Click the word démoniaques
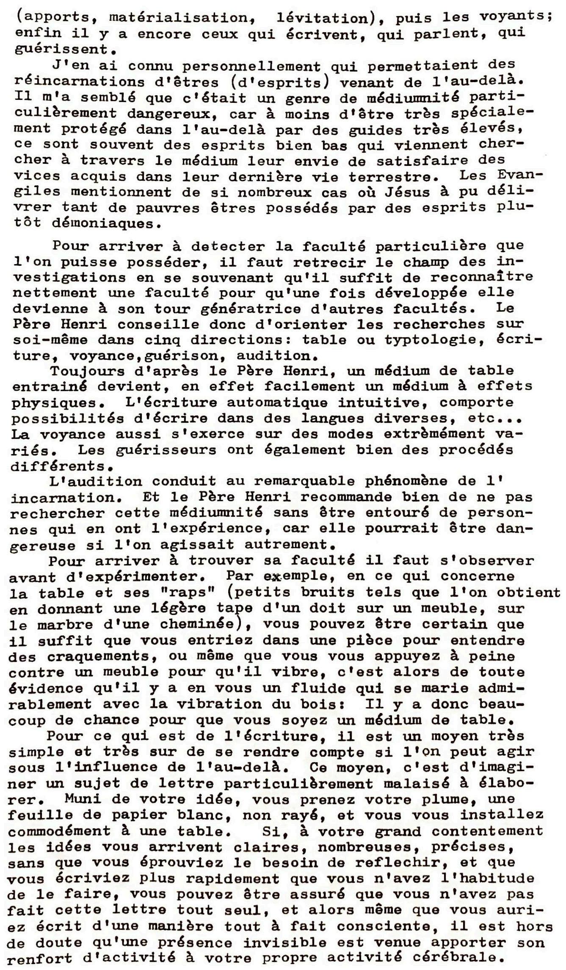pyautogui.click(x=101, y=223)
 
